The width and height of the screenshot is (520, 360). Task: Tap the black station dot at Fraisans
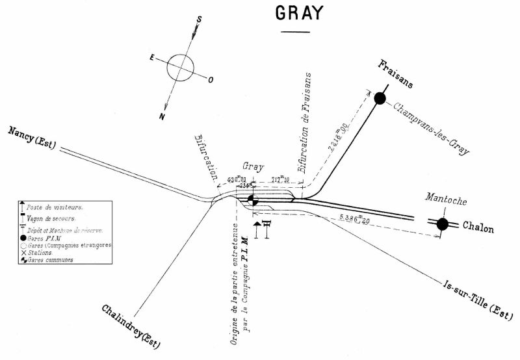click(x=380, y=99)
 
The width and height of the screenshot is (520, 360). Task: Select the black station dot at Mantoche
click(x=443, y=224)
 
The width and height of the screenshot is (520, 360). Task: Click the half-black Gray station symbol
click(x=253, y=201)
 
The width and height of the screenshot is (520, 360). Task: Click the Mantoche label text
click(x=445, y=201)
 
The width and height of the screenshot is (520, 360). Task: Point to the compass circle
click(x=180, y=68)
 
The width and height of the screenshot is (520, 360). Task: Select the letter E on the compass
click(x=151, y=58)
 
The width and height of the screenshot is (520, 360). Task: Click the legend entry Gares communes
click(x=56, y=259)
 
